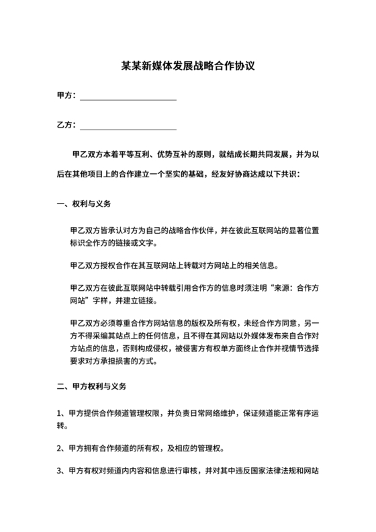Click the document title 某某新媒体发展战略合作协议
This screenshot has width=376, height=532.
(187, 67)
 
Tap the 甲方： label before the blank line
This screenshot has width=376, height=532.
(66, 96)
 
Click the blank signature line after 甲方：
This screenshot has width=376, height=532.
(128, 98)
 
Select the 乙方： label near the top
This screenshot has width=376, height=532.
(66, 125)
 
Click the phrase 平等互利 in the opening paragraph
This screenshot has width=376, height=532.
(132, 154)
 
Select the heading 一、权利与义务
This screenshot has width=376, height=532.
(84, 203)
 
